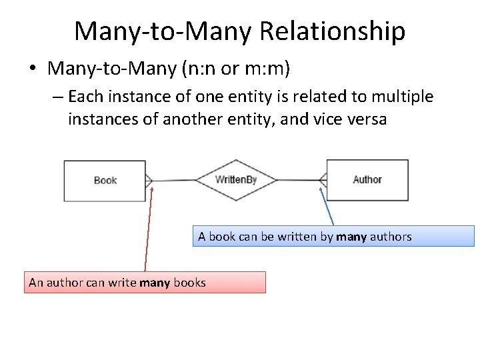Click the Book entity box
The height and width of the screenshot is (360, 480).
(x=105, y=181)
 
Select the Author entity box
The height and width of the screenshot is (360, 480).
(x=367, y=180)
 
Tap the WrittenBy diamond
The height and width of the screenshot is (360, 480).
(x=236, y=180)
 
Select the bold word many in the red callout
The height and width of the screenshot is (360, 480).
(x=155, y=283)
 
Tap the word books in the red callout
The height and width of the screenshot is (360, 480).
(x=189, y=283)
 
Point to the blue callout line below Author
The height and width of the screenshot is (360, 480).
(x=327, y=207)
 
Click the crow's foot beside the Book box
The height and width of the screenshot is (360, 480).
(x=149, y=180)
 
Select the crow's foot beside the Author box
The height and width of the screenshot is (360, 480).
(x=323, y=180)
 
